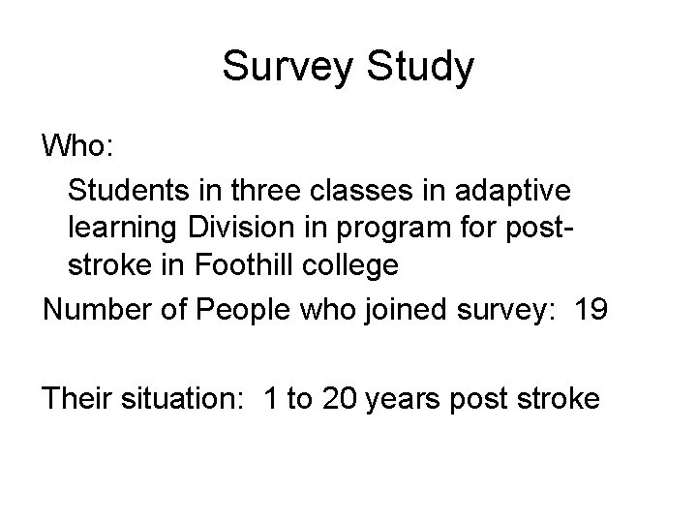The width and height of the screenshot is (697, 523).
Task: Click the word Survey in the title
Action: (x=281, y=68)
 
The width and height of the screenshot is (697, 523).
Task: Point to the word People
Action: (x=237, y=313)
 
